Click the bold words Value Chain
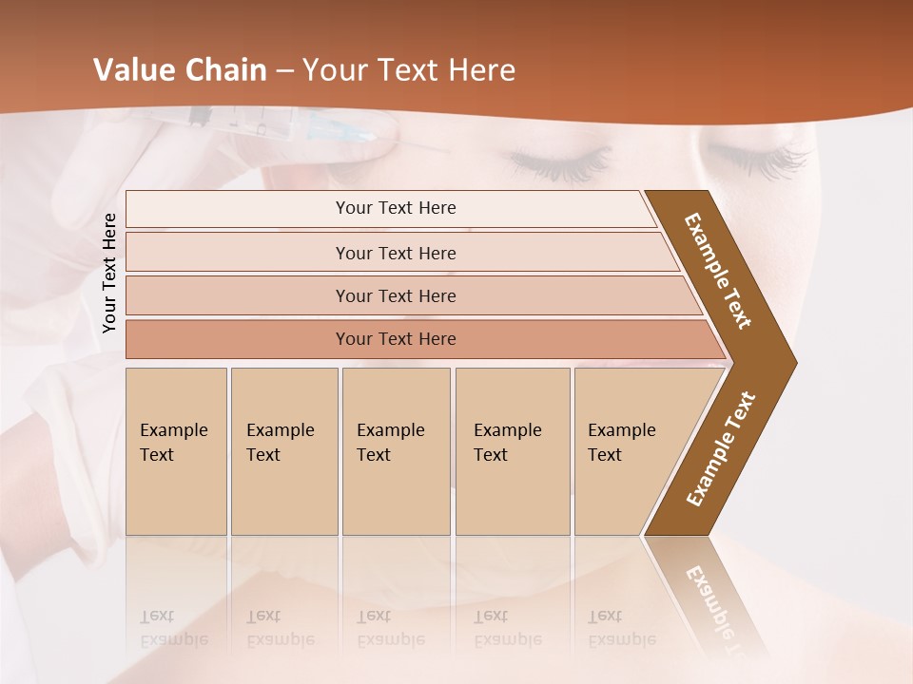pyautogui.click(x=179, y=70)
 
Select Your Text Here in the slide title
pyautogui.click(x=409, y=70)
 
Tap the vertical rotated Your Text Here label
pyautogui.click(x=109, y=274)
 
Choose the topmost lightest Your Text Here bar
pyautogui.click(x=395, y=208)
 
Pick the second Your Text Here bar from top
pyautogui.click(x=395, y=253)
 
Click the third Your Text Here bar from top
pyautogui.click(x=395, y=295)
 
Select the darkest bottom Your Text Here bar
pyautogui.click(x=395, y=339)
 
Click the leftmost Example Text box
pyautogui.click(x=176, y=450)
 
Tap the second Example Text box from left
pyautogui.click(x=283, y=450)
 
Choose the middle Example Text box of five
pyautogui.click(x=396, y=450)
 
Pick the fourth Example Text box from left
pyautogui.click(x=512, y=450)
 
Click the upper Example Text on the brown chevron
pyautogui.click(x=718, y=271)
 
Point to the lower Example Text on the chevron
pyautogui.click(x=721, y=449)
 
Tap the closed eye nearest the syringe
pyautogui.click(x=556, y=161)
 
